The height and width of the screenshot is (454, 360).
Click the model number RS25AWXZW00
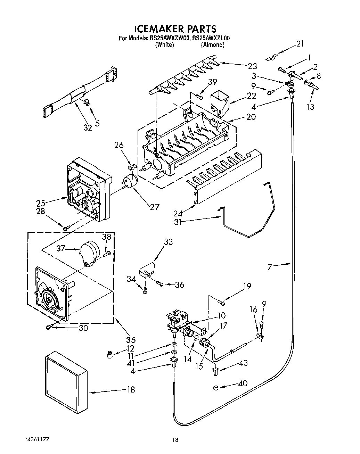coord(169,38)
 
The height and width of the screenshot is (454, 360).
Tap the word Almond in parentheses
coord(212,44)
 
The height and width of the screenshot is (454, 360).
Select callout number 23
coord(252,66)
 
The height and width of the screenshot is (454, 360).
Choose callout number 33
coord(168,242)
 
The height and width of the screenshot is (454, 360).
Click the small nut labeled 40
coord(215,387)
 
